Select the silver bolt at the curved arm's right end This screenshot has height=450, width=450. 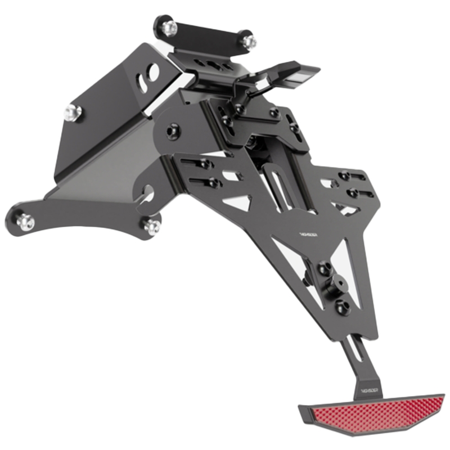click(x=151, y=226)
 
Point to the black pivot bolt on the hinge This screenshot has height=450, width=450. click(x=170, y=133)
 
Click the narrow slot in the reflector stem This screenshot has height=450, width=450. click(x=356, y=349)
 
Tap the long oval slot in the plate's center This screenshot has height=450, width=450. click(x=278, y=188)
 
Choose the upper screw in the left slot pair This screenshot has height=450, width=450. click(x=205, y=164)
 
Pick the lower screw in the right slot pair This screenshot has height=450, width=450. click(x=353, y=193)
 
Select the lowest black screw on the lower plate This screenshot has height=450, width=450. click(x=340, y=307)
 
